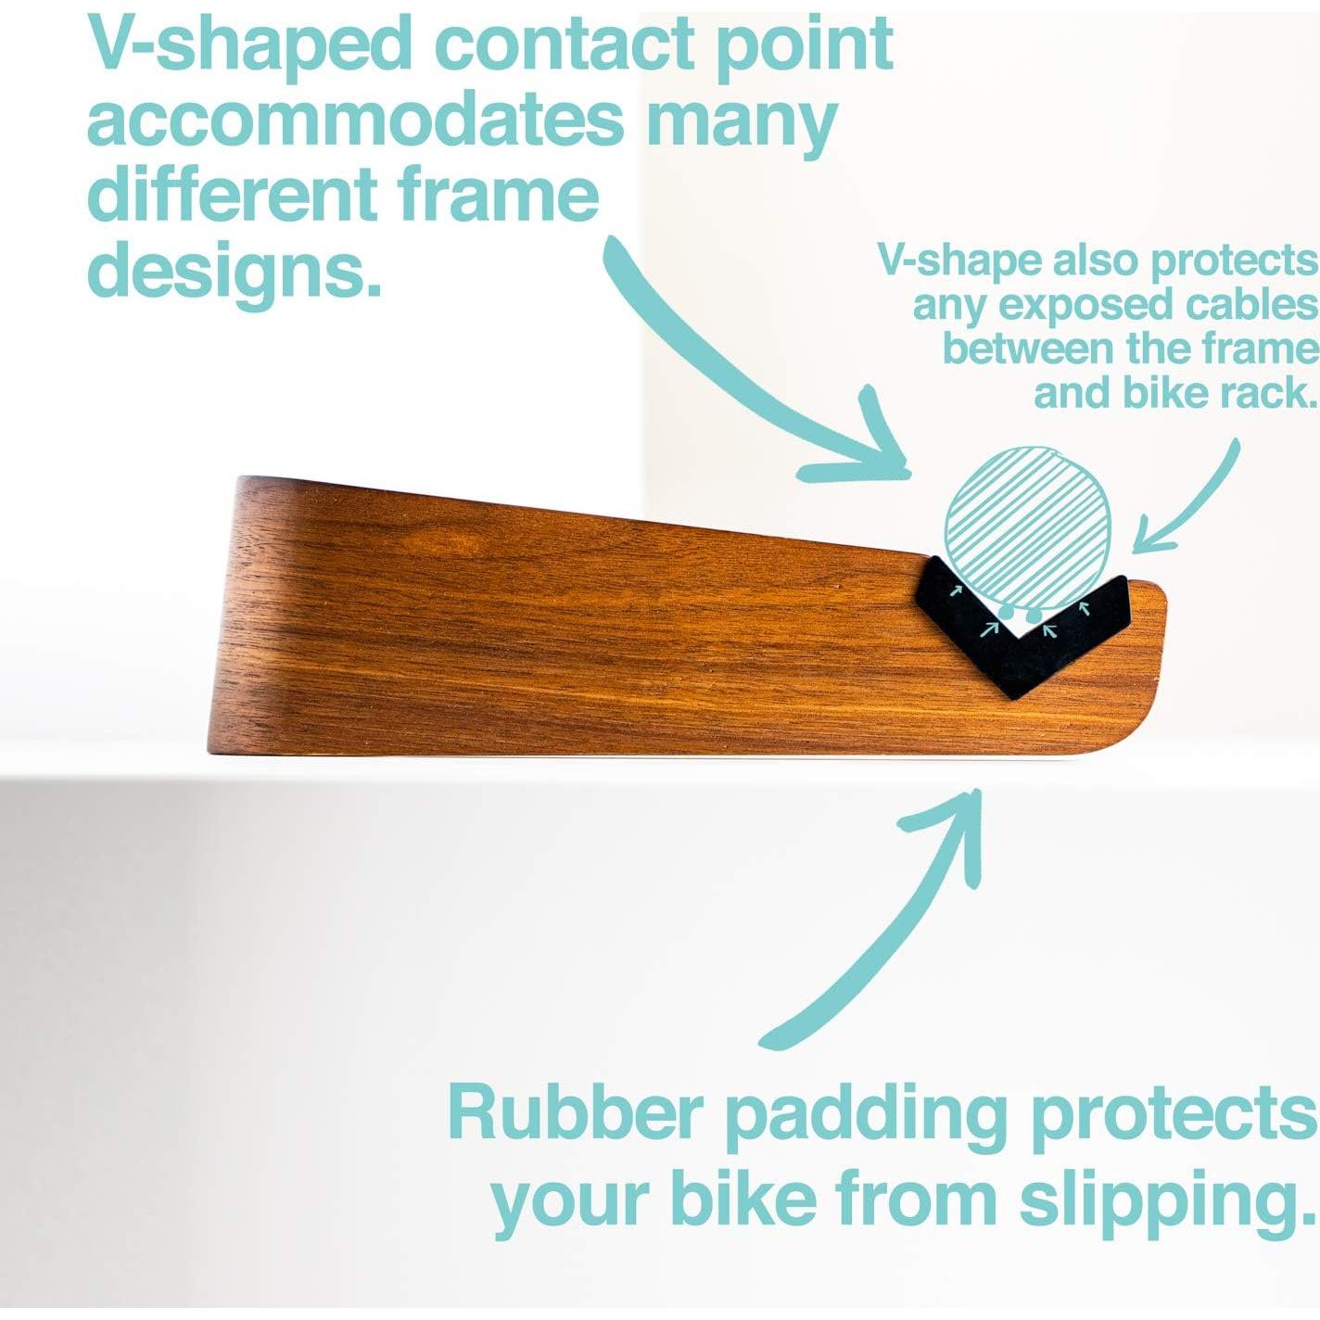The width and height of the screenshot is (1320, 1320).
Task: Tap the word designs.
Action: pyautogui.click(x=234, y=271)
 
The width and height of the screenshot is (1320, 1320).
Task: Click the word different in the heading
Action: pyautogui.click(x=232, y=195)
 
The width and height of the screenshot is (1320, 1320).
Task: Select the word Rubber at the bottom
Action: pyautogui.click(x=573, y=1112)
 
